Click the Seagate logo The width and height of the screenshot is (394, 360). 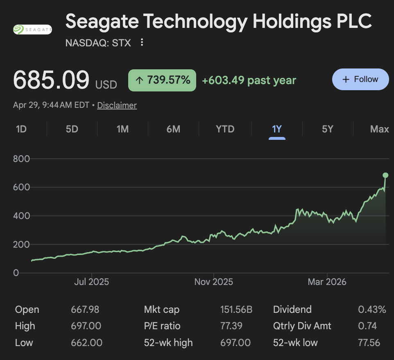coord(32,30)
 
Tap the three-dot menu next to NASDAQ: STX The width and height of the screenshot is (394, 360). coord(142,42)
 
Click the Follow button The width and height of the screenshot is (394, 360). coord(360,79)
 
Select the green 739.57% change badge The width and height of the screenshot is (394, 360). coord(162,80)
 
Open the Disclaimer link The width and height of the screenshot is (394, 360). coord(117,105)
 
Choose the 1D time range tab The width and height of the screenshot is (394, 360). coord(21,129)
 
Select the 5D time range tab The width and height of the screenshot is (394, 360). coord(72,129)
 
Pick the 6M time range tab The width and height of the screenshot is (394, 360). coord(173,129)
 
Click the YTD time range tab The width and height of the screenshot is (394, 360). coord(225,129)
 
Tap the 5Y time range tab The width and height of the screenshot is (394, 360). coord(327,129)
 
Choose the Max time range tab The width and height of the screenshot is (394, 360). coord(379,129)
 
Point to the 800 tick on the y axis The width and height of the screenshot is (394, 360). coord(22,159)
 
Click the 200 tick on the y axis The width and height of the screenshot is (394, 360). coord(22,244)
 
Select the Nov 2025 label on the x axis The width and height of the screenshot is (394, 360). coord(213,282)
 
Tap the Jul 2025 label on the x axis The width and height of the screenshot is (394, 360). coord(91,282)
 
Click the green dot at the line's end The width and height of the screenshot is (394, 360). coord(385,175)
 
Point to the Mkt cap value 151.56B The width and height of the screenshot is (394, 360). coord(236,310)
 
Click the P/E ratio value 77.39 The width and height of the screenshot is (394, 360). coord(231,326)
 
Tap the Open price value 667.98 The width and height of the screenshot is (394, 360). coord(85,310)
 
